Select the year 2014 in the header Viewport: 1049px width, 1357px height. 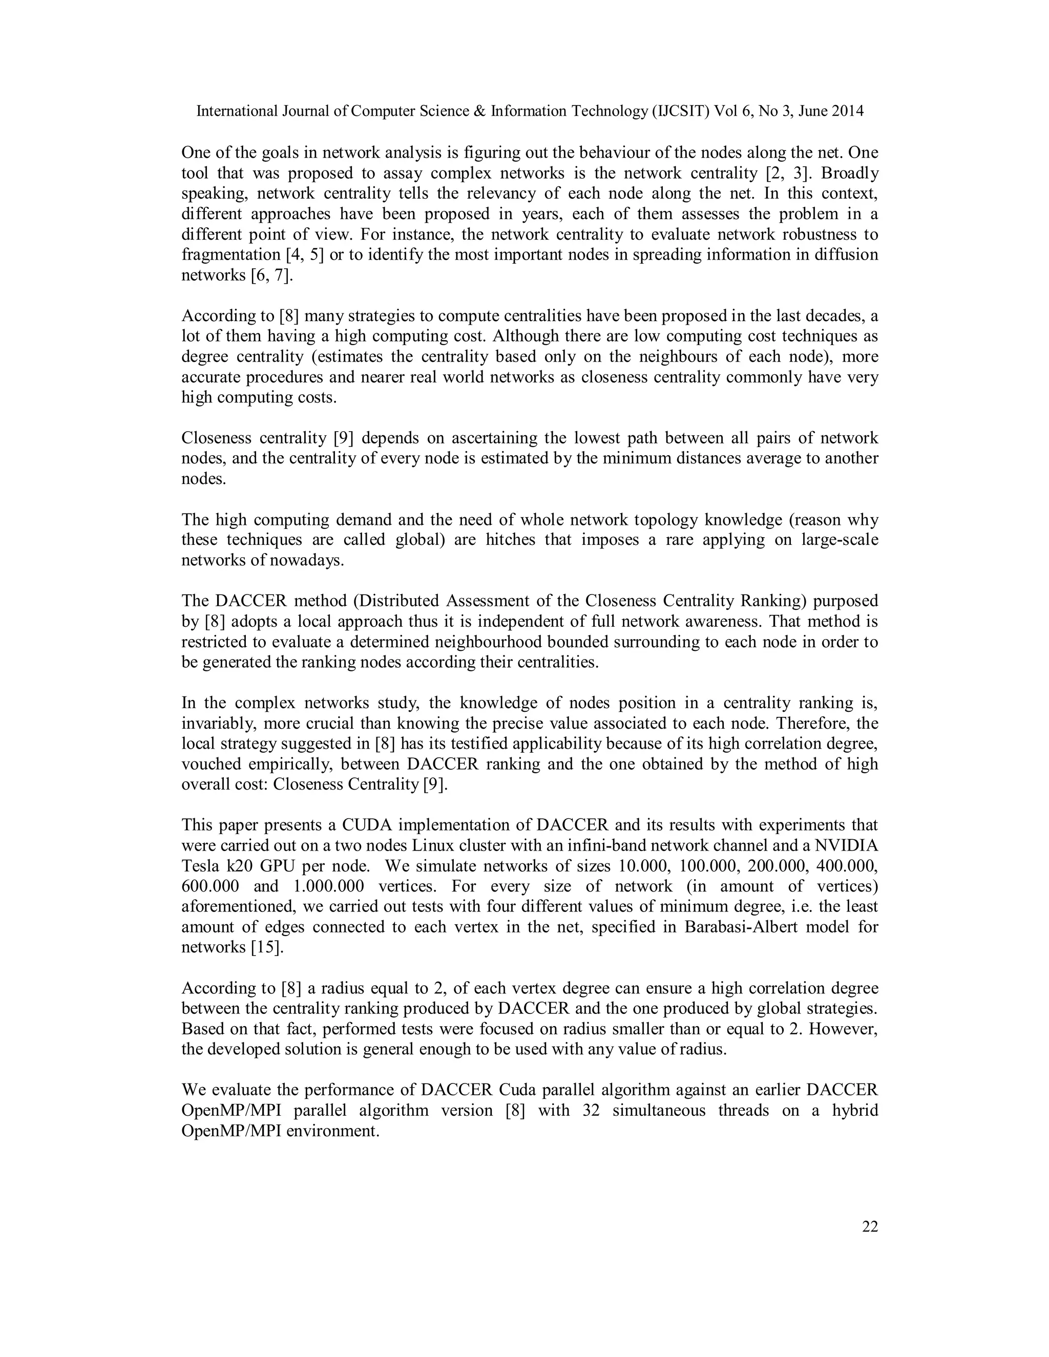pos(845,111)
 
